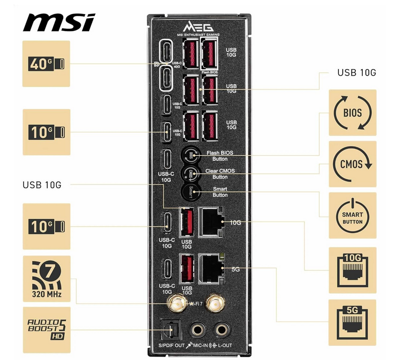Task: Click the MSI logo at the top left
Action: click(59, 22)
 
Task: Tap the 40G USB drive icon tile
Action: click(47, 64)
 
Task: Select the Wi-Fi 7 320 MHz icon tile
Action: click(47, 278)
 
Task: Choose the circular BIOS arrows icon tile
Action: click(352, 113)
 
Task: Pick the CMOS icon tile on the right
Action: click(352, 164)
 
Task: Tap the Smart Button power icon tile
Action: click(352, 215)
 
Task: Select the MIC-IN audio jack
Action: click(196, 329)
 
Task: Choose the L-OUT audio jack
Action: click(220, 329)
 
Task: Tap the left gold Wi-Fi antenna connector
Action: click(177, 302)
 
